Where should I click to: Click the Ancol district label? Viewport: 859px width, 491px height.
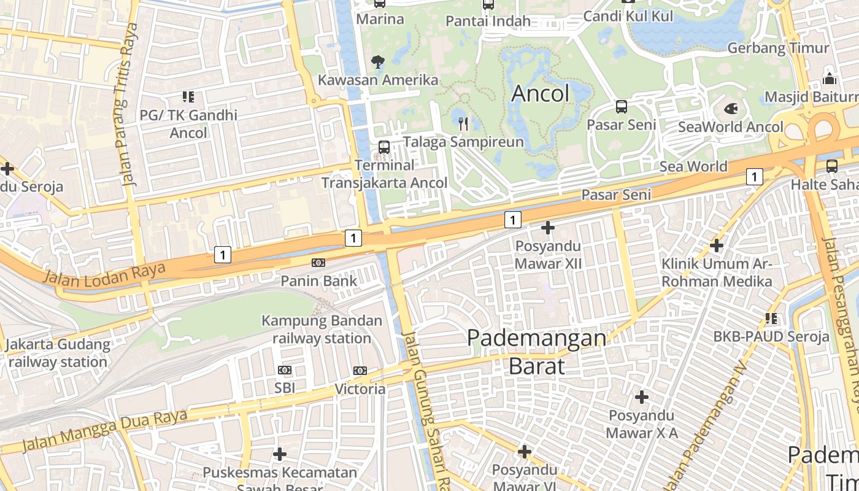[x=540, y=93]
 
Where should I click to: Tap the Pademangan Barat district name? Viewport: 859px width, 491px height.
[x=536, y=352]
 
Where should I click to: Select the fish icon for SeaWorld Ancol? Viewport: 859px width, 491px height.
[x=731, y=109]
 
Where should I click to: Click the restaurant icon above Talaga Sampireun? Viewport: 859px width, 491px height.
[x=463, y=124]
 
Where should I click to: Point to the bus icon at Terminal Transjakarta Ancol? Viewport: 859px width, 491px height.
[x=384, y=147]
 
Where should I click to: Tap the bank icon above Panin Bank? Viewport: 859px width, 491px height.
[x=318, y=263]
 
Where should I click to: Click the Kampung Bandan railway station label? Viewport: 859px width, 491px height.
[x=322, y=330]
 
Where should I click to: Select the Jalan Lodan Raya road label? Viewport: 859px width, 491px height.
[x=104, y=274]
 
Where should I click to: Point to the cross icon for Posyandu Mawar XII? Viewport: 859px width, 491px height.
[x=547, y=228]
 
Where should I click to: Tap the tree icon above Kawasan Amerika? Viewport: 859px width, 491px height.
[x=377, y=61]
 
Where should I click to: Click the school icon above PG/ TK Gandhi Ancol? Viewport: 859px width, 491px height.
[x=188, y=97]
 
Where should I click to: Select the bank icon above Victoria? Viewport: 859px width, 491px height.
[x=360, y=371]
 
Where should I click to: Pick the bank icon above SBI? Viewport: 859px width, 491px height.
[x=285, y=370]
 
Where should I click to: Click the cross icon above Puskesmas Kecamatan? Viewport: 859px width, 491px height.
[x=280, y=454]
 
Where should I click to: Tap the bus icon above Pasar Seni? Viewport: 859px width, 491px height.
[x=621, y=107]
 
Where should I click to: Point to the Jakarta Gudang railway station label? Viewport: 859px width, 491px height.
[x=58, y=353]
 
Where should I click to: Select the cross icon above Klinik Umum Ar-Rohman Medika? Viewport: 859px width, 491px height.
[x=716, y=246]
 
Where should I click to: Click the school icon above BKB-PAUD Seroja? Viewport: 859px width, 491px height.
[x=771, y=319]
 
